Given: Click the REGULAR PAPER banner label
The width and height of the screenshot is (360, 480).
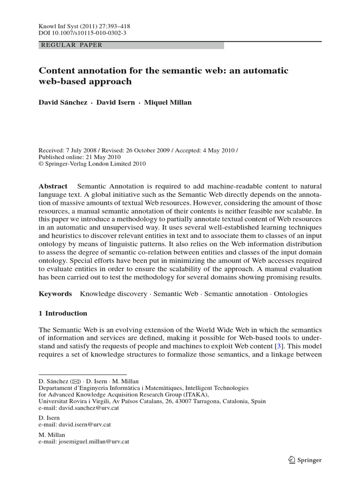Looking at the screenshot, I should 72,45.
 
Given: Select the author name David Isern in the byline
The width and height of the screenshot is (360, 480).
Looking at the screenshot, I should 116,103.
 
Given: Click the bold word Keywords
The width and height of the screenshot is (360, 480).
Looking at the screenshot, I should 55,294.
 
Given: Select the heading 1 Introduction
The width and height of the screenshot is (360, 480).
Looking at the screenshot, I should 63,313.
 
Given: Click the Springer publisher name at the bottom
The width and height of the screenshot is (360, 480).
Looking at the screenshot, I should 309,460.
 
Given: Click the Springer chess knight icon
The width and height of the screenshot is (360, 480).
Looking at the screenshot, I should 291,460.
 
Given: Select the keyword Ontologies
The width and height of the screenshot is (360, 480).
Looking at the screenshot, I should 291,294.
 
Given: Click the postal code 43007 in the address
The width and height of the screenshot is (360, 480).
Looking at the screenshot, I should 184,401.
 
